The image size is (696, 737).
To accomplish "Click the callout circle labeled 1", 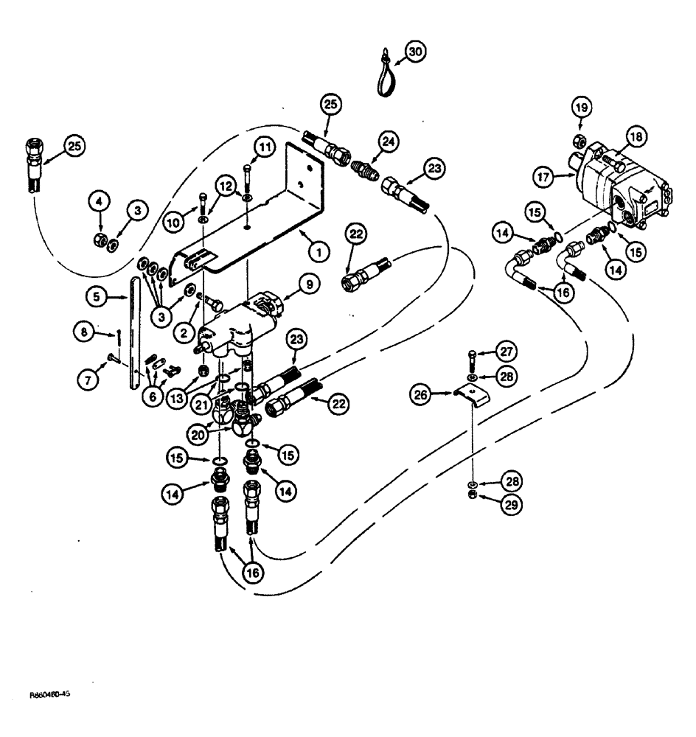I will click(318, 251).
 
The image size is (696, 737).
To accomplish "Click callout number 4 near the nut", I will click(96, 198).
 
